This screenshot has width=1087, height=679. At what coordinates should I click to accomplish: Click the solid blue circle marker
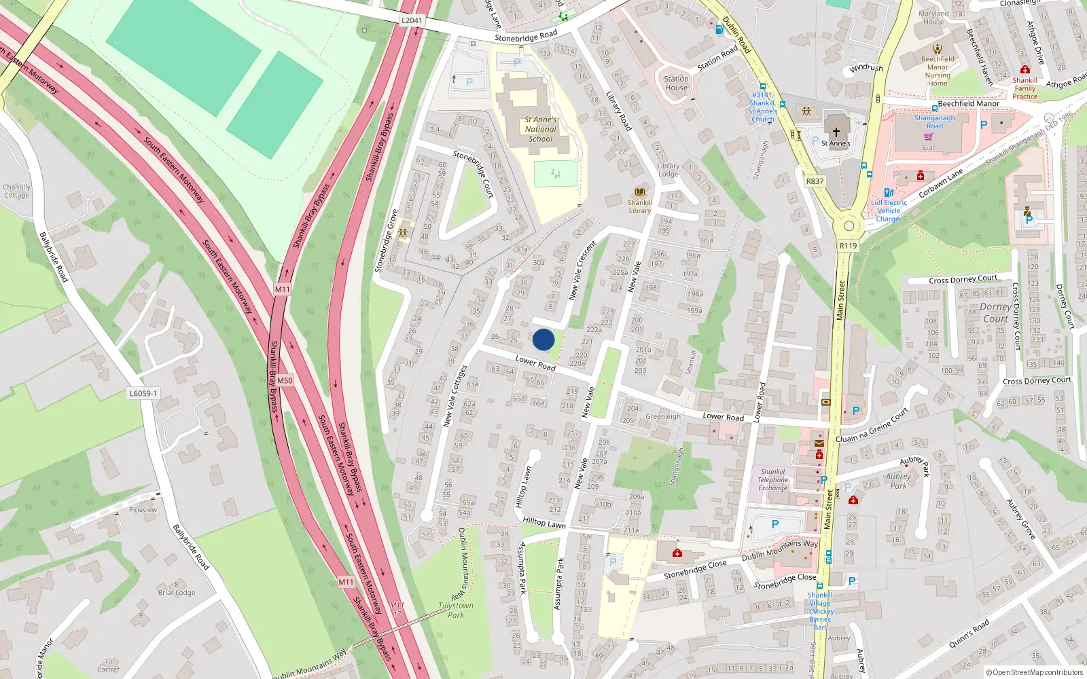[543, 339]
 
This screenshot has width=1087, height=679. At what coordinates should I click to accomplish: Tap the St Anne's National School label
[540, 129]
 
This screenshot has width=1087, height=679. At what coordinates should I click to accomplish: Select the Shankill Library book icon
[639, 192]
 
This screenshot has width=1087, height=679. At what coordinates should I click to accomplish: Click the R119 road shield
[848, 246]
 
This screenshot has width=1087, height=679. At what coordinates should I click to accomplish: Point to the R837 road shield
[815, 181]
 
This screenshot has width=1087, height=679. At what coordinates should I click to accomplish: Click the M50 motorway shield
[285, 380]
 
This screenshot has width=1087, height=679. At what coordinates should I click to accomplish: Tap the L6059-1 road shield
[143, 394]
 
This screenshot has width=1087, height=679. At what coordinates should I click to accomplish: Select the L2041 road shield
[412, 20]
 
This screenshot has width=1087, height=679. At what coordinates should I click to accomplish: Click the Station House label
[676, 83]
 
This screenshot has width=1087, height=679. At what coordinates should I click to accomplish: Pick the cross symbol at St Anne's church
[836, 132]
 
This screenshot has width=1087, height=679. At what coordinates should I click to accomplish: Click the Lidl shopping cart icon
[929, 137]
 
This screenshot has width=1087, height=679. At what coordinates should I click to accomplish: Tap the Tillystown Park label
[456, 610]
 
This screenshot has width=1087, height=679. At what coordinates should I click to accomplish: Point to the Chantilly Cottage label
[16, 191]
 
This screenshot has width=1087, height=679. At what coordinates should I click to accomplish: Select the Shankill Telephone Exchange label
[773, 479]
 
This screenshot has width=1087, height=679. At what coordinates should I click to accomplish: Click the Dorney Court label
[995, 312]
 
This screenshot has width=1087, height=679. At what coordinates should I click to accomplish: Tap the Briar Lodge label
[177, 592]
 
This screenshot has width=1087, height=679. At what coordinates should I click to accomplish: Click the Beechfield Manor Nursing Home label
[938, 71]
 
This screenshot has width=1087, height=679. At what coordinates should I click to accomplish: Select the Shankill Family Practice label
[1024, 88]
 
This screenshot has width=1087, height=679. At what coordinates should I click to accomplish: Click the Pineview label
[143, 509]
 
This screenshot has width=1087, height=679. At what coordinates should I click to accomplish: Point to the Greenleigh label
[662, 416]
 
